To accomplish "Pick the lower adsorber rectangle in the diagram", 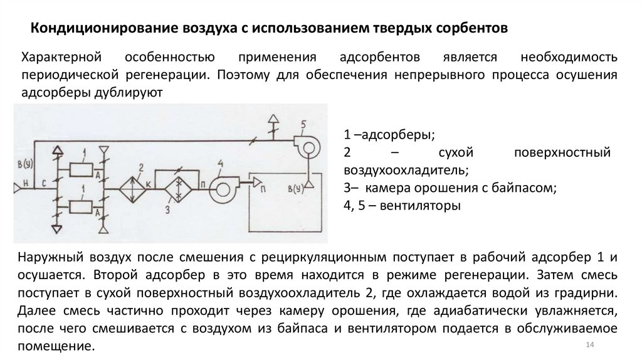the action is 80,206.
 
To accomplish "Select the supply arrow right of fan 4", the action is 258,182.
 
